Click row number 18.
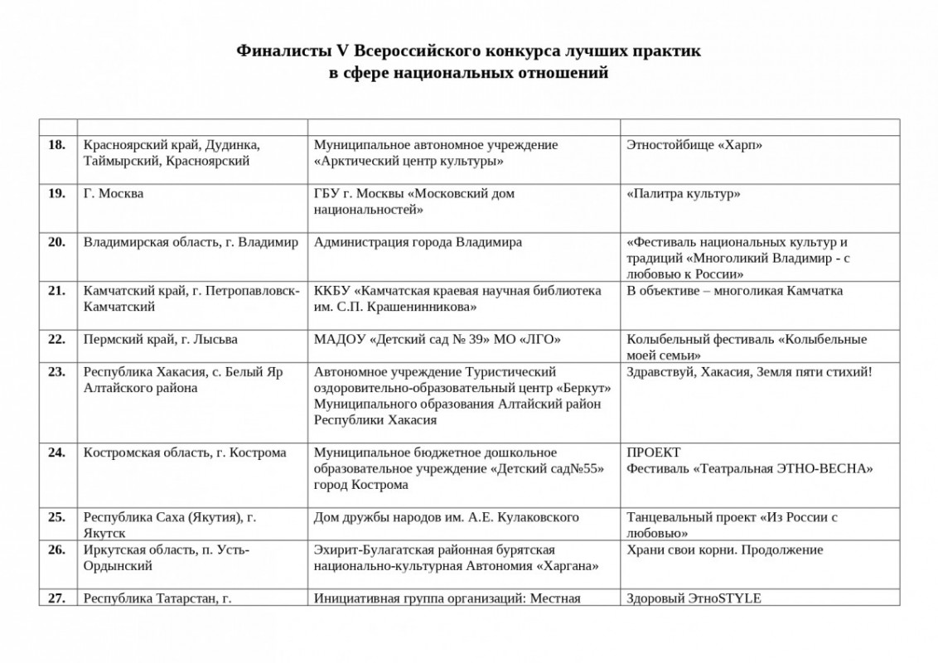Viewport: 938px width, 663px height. click(x=56, y=145)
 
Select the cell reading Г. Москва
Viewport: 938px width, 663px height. click(x=114, y=194)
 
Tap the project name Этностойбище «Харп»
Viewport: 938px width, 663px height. click(x=694, y=145)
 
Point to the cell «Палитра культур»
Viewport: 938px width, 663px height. click(x=684, y=194)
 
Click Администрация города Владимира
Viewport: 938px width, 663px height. click(x=418, y=243)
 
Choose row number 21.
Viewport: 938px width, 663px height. click(x=56, y=291)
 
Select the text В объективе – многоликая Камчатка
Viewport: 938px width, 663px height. click(x=734, y=291)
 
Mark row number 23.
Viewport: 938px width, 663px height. click(x=56, y=372)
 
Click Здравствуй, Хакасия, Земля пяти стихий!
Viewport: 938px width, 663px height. click(x=749, y=372)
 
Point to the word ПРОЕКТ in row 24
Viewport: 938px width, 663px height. click(x=654, y=452)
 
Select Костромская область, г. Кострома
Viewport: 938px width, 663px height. click(x=185, y=452)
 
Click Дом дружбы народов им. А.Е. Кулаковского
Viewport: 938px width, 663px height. click(x=446, y=517)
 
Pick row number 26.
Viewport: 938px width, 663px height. click(x=56, y=549)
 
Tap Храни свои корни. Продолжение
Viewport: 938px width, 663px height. click(x=724, y=549)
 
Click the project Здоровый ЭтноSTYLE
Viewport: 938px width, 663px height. click(x=694, y=598)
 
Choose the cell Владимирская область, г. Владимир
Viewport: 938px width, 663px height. click(x=191, y=243)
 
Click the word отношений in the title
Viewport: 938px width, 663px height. click(x=553, y=73)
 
